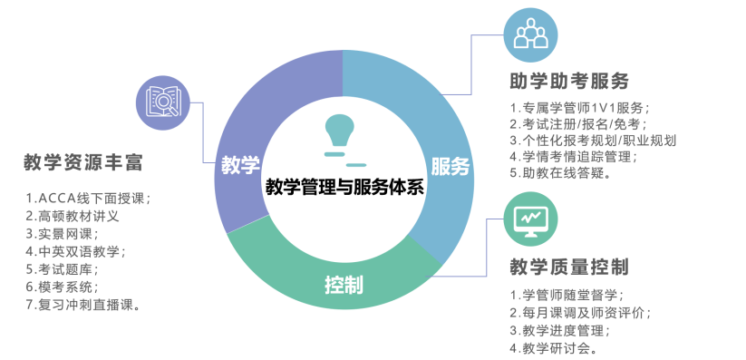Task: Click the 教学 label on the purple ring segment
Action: [240, 166]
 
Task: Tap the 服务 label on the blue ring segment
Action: [450, 166]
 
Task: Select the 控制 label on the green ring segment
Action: [344, 285]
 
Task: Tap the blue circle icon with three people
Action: [531, 36]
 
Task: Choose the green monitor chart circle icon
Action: [530, 219]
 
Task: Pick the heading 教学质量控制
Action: [570, 267]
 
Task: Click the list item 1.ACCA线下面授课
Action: [88, 198]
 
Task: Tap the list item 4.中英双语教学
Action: [76, 251]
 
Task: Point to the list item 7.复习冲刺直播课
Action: [83, 305]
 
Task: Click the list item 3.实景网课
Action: [63, 234]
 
